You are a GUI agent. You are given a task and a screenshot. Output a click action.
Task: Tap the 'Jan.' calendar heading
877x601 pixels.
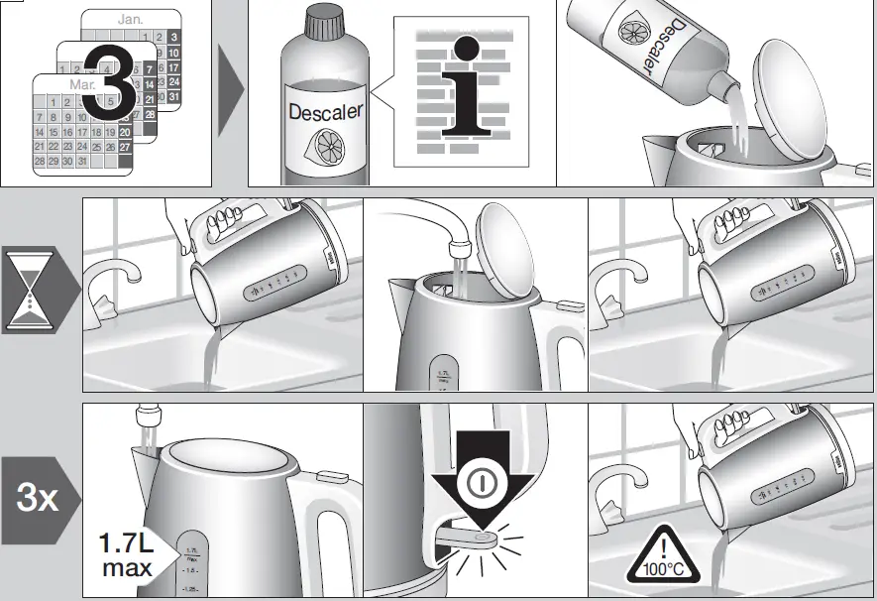(130, 19)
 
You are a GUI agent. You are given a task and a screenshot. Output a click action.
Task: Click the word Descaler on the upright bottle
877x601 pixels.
(325, 111)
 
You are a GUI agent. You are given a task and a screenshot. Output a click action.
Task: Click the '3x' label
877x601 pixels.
(37, 498)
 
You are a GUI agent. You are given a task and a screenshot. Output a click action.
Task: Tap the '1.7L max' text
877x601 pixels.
(126, 556)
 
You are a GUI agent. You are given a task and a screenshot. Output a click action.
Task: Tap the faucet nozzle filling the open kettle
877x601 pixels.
(459, 247)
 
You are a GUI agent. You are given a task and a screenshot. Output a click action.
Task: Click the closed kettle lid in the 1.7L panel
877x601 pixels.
(229, 462)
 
